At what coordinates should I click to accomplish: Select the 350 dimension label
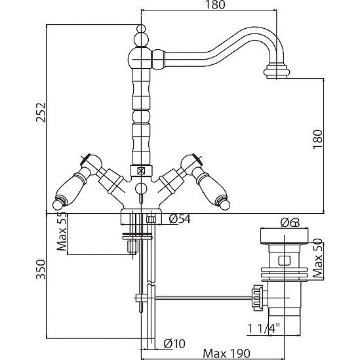coord(41,270)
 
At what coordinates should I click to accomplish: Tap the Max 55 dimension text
coord(62,231)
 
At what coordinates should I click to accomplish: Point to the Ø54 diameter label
coord(180,219)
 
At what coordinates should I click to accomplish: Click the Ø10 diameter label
coord(174,344)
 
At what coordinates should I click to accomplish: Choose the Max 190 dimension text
coord(227,353)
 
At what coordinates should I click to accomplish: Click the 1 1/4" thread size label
coord(264,329)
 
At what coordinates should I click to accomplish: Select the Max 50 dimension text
coord(317,258)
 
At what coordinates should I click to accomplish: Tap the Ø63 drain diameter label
coord(290,222)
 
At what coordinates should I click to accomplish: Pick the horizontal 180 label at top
coord(215,5)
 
